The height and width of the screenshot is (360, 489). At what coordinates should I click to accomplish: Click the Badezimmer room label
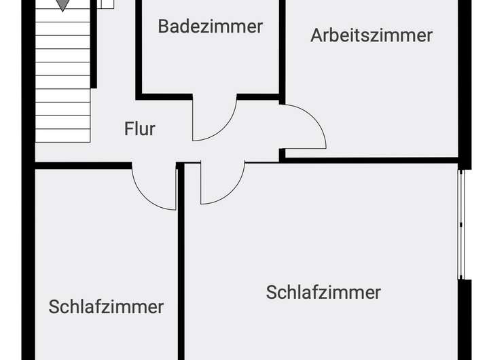(210, 26)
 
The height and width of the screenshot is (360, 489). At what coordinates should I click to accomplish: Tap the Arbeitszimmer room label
(372, 35)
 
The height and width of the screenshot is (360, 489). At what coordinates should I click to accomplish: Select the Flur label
(140, 128)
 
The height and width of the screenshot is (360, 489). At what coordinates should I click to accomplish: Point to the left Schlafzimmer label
(106, 306)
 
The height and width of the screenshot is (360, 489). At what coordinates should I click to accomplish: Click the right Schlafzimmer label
(323, 292)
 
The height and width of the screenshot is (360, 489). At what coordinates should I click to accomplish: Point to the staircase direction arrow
(62, 5)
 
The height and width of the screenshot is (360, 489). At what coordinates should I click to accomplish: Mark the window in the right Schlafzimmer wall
(461, 224)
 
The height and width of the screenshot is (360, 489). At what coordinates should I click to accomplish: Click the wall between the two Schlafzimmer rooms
(181, 272)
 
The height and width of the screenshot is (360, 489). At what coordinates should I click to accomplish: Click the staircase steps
(62, 82)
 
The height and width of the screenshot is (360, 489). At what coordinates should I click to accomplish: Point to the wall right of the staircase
(94, 48)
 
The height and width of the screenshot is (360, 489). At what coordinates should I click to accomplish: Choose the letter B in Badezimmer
(164, 26)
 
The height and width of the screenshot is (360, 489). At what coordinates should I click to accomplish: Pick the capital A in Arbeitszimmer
(316, 35)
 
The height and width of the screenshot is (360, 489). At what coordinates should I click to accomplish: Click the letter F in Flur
(128, 128)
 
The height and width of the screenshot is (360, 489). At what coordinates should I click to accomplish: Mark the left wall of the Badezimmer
(138, 48)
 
